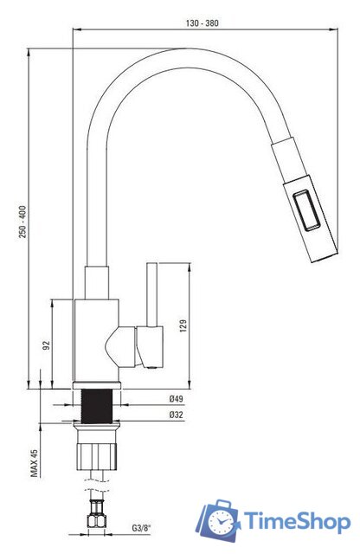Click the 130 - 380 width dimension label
point(202,23)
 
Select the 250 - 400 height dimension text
point(23,222)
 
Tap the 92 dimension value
point(46,345)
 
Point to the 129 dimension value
point(183,325)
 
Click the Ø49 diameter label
point(176,399)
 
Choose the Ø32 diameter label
point(176,415)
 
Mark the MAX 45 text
point(34,463)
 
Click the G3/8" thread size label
point(141,528)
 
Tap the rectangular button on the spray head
point(306,210)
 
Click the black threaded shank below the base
point(97,406)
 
